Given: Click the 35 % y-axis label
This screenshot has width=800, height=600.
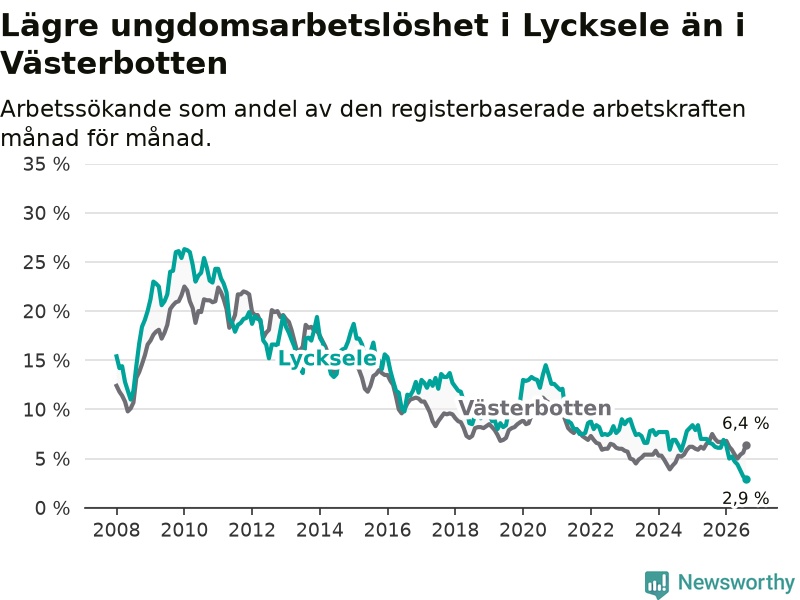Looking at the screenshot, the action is [46, 164].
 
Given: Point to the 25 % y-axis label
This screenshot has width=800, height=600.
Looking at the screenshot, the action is [46, 263].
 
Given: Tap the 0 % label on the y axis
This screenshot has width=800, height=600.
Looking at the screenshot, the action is [53, 508].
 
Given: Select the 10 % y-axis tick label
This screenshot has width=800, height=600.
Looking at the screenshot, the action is [46, 410].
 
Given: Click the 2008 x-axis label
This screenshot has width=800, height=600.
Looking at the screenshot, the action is [116, 530].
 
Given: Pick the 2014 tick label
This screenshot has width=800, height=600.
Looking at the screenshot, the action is [320, 530].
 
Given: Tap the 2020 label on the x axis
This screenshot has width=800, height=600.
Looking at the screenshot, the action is [523, 530].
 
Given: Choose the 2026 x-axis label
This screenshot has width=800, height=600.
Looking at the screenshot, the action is [727, 530].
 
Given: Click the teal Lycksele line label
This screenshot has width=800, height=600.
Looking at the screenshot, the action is [328, 359].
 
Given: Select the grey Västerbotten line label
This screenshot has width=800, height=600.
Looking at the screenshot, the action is [535, 408].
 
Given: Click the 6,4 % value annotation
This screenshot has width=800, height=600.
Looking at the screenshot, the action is [745, 423].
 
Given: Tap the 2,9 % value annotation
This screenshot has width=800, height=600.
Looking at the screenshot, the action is [745, 498].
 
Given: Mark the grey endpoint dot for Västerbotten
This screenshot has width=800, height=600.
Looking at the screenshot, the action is [746, 445].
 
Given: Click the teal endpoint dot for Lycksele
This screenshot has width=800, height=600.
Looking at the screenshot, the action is [746, 480].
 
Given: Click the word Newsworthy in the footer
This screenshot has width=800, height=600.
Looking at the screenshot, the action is [736, 582].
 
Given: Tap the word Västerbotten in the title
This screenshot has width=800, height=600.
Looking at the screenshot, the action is [114, 63].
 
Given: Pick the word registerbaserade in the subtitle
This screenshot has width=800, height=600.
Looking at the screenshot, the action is [487, 110].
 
